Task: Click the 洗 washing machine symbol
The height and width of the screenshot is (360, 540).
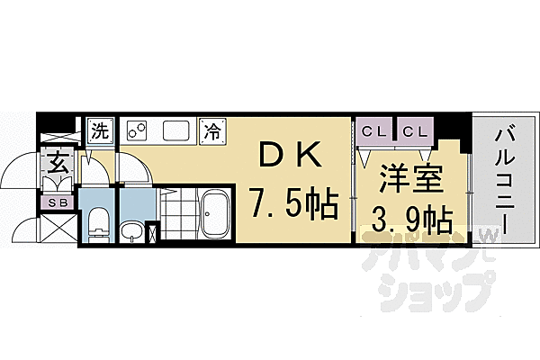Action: pyautogui.click(x=100, y=130)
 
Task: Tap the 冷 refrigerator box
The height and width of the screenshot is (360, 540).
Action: pyautogui.click(x=211, y=130)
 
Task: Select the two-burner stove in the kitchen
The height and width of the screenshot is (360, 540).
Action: pyautogui.click(x=138, y=130)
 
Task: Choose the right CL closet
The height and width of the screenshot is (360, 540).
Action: pyautogui.click(x=415, y=131)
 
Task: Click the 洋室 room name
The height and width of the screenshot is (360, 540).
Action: pyautogui.click(x=409, y=175)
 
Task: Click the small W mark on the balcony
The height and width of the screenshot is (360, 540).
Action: pyautogui.click(x=490, y=236)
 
